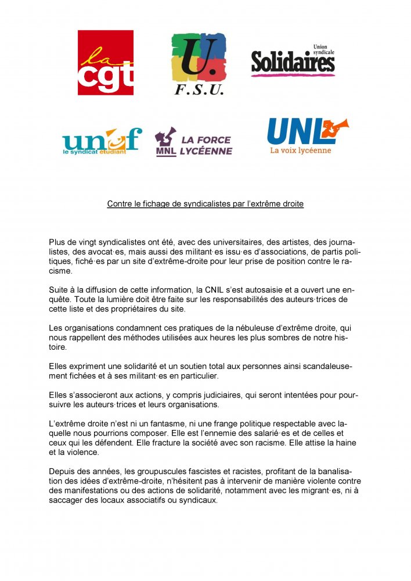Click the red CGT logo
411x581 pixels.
[106, 63]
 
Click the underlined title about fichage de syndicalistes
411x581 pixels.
[205, 204]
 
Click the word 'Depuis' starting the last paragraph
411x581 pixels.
[63, 471]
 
